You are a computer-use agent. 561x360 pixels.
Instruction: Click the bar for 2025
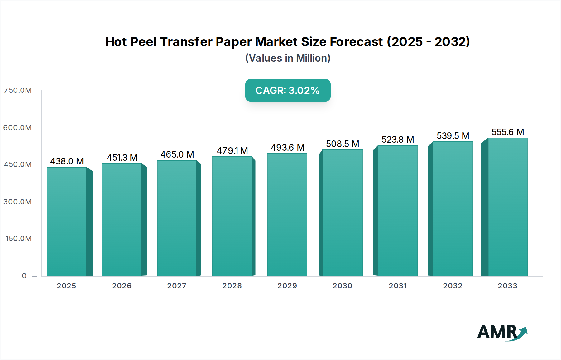pos(67,221)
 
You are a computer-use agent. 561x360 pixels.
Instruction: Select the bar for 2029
pos(287,215)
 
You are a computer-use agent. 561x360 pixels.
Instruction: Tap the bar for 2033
pos(508,207)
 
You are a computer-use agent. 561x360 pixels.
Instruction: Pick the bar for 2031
pos(397,211)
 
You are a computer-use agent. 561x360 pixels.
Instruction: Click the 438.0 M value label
pos(67,161)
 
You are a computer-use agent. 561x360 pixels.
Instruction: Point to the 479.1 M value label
pos(232,151)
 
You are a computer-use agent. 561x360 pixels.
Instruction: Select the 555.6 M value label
pos(508,132)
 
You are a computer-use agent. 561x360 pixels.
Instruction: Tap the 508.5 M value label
pos(343,144)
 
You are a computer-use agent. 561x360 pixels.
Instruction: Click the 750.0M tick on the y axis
pos(17,90)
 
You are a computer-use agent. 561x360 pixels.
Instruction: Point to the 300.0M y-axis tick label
pos(17,202)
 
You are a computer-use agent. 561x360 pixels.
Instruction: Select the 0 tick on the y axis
pos(24,276)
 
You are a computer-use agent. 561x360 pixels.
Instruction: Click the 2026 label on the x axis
pos(122,286)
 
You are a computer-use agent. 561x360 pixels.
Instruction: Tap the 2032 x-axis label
pos(453,286)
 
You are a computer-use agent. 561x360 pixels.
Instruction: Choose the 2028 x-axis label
pos(232,286)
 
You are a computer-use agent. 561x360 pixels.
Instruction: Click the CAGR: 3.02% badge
pos(288,90)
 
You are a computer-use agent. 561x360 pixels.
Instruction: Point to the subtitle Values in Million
pos(288,58)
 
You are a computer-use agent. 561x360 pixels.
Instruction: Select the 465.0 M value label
pos(177,154)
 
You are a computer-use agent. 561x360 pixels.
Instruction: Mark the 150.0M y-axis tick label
pos(18,239)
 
